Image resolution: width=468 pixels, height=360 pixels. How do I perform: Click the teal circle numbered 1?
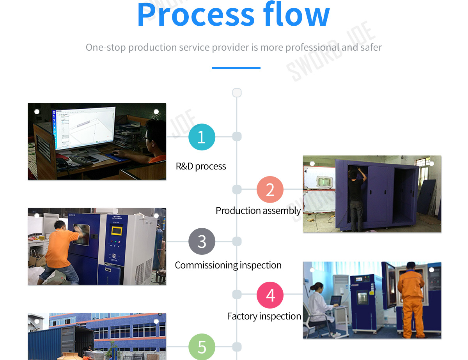(202, 137)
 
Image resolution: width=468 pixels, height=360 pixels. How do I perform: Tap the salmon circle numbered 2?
(270, 190)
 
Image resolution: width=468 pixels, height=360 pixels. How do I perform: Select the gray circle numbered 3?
(202, 242)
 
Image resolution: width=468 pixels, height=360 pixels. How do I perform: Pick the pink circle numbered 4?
(270, 295)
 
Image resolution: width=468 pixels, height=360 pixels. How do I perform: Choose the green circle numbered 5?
(202, 347)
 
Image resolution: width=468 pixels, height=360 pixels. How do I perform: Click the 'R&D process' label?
(201, 166)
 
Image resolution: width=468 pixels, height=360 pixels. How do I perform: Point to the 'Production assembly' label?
(258, 211)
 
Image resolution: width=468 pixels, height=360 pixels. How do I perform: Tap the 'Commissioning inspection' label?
(228, 265)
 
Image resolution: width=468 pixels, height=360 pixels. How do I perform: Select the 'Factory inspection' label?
(264, 316)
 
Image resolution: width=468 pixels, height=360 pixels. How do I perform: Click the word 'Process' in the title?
(196, 15)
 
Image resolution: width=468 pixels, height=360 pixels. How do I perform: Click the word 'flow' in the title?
(296, 15)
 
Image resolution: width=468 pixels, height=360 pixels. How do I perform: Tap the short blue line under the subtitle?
(236, 68)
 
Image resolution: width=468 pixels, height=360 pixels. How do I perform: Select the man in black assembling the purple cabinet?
(356, 199)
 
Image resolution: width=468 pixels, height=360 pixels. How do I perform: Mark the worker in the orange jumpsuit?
(411, 300)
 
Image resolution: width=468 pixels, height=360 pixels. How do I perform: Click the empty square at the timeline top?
(237, 93)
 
